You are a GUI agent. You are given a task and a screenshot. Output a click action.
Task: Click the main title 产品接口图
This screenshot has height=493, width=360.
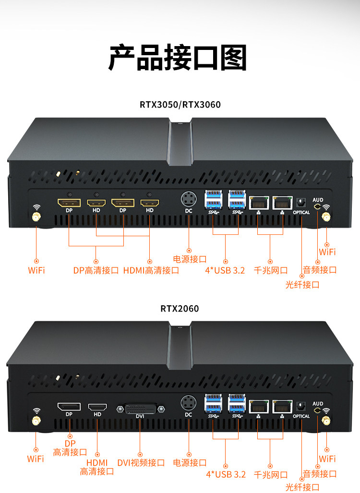pos(178,58)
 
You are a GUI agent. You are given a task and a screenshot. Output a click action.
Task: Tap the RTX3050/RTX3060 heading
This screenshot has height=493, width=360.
pos(180,104)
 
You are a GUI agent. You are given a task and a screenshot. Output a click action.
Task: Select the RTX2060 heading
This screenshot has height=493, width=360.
pos(180,309)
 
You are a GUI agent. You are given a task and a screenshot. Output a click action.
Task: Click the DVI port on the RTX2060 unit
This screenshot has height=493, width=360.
pos(140,409)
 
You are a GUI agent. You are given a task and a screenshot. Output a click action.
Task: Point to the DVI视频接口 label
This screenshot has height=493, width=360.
pos(141,463)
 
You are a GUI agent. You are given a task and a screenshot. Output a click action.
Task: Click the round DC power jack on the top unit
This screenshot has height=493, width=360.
pos(189,199)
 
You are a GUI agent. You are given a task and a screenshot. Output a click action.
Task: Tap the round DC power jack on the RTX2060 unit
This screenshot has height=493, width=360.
pos(189,402)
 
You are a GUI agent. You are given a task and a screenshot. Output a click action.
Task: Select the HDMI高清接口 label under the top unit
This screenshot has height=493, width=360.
pos(151,270)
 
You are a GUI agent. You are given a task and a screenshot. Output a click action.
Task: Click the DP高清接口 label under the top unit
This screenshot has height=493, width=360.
pos(96,270)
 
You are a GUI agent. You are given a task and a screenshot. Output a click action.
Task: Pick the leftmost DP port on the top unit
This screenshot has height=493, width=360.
pos(69,203)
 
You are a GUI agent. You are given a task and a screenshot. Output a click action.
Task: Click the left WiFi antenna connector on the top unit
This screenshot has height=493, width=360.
pos(36,217)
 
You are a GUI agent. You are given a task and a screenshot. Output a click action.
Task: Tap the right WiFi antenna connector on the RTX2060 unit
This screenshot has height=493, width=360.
pos(326,421)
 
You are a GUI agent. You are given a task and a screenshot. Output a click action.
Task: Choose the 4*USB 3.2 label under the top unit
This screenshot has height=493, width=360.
pos(225,270)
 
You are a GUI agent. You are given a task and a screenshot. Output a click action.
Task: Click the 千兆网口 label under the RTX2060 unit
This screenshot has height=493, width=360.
pos(271,474)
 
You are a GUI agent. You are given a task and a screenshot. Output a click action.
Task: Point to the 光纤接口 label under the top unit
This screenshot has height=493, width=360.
pos(302,285)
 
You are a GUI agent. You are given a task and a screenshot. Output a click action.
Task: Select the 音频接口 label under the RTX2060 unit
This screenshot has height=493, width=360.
pos(320,474)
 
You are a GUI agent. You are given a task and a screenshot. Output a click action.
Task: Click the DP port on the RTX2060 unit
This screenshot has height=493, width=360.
pos(69,407)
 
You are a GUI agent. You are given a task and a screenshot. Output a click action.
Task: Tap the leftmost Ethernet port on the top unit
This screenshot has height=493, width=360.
pos(259,203)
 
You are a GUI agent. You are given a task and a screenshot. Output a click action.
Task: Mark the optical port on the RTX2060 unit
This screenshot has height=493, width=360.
pos(301,406)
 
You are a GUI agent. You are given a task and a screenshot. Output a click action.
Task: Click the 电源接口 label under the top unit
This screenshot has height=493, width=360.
pos(190,259)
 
